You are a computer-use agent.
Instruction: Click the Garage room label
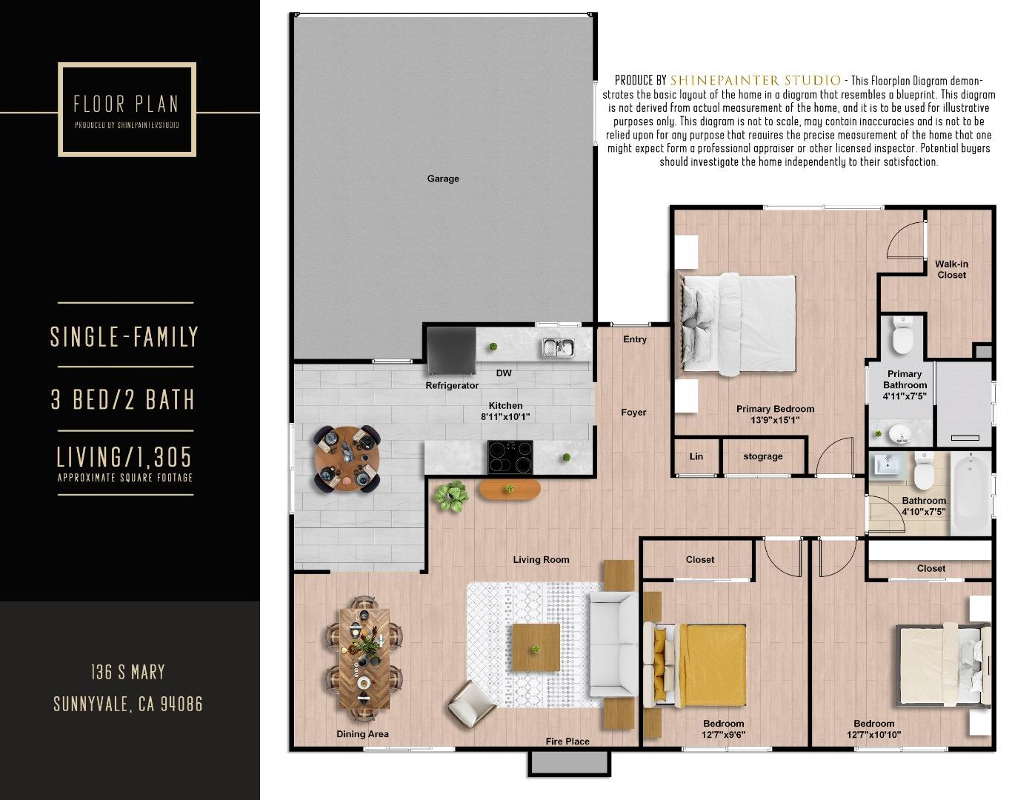[442, 179]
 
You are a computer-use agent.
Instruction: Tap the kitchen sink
[557, 347]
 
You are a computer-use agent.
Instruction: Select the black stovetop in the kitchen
[510, 457]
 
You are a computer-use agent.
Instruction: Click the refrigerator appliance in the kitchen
[451, 351]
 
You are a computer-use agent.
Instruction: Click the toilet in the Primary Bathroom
[902, 336]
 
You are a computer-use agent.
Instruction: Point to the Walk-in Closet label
[951, 270]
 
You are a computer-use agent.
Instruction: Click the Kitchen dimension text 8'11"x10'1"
[505, 417]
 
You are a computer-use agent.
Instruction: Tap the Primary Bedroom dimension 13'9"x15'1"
[775, 420]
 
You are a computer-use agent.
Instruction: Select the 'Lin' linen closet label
[696, 456]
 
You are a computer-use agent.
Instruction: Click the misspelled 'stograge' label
[762, 456]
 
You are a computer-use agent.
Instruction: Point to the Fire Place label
[567, 741]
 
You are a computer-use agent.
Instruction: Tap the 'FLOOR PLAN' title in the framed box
[126, 104]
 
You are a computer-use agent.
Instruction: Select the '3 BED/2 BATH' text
[123, 400]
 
